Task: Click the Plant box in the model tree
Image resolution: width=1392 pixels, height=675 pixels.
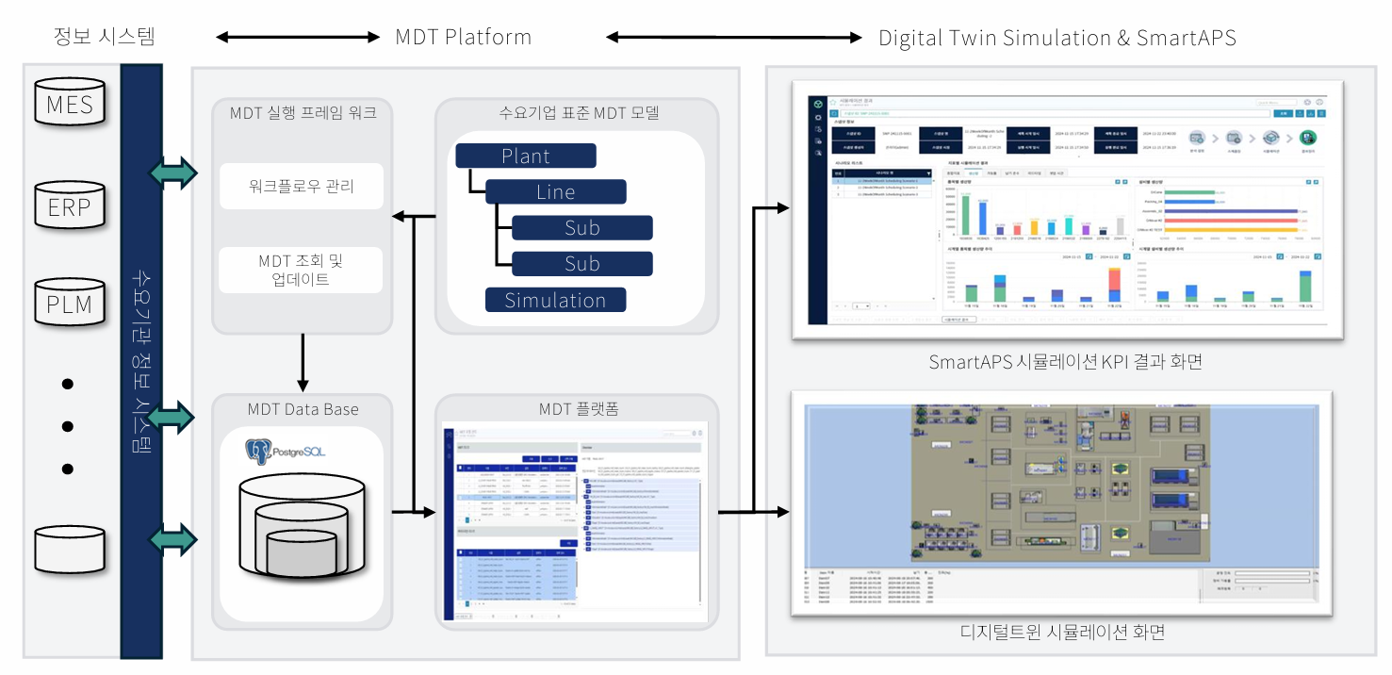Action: click(526, 156)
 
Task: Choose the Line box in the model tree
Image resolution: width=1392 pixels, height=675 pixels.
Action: click(555, 191)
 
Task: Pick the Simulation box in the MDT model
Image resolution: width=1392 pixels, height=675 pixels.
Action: click(555, 301)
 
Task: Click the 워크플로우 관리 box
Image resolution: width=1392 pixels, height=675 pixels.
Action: click(302, 187)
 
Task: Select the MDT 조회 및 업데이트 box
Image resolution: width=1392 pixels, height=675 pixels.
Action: click(302, 270)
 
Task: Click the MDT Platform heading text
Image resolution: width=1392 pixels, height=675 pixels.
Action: click(463, 38)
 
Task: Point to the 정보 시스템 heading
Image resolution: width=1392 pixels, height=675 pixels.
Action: click(104, 38)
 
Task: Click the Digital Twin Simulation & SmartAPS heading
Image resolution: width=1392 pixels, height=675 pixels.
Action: click(1056, 38)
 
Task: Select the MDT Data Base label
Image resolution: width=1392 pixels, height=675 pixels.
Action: click(303, 409)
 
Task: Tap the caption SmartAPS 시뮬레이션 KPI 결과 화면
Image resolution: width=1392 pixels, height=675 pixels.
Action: click(1065, 362)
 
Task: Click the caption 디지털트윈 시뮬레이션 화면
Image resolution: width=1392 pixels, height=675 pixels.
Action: click(1062, 632)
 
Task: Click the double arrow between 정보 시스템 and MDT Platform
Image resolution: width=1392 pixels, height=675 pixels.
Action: click(298, 38)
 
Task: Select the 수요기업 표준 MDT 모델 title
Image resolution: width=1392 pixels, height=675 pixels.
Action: click(578, 113)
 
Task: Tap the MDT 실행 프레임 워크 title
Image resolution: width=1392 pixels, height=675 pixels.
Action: click(303, 113)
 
